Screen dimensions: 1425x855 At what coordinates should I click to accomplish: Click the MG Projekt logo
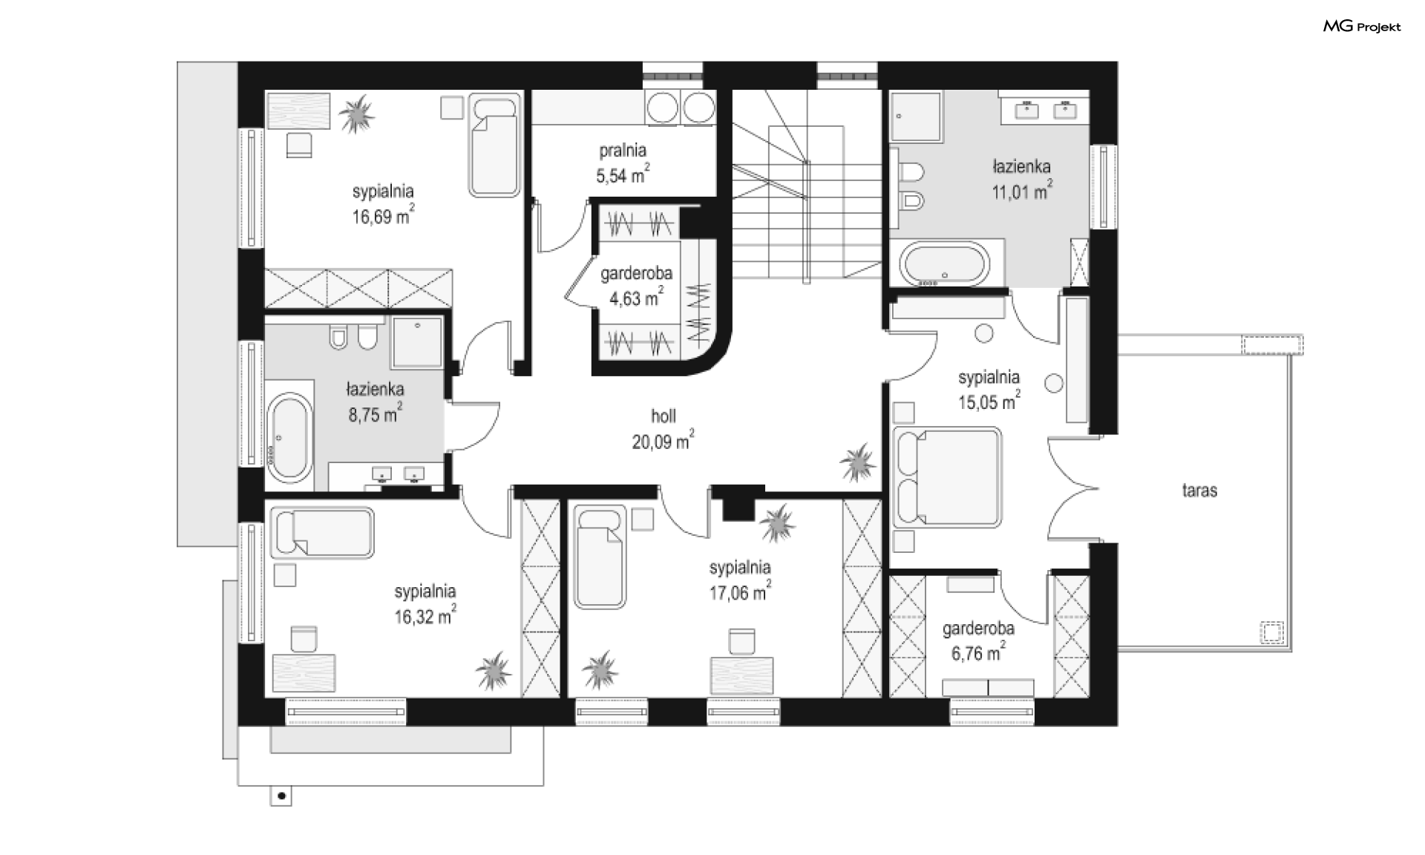pos(1362,27)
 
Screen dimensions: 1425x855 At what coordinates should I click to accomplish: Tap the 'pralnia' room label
pos(622,151)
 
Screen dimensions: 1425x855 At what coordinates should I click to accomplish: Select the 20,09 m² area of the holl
pos(663,440)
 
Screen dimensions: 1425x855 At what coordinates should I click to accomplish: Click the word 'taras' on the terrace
pos(1199,490)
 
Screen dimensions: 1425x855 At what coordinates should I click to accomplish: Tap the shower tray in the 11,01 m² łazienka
pos(916,117)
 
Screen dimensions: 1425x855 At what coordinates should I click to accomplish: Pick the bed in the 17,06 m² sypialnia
pos(600,557)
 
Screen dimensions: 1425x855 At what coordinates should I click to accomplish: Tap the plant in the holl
pos(858,462)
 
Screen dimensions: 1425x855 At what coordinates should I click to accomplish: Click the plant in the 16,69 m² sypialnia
pos(357,114)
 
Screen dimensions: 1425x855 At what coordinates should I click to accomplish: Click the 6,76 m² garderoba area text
pos(978,652)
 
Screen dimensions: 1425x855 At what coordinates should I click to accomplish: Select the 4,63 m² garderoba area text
pos(636,298)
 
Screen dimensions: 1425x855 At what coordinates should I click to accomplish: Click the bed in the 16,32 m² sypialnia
pos(322,533)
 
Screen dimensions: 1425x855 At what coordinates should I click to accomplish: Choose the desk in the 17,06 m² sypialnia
pos(742,675)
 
